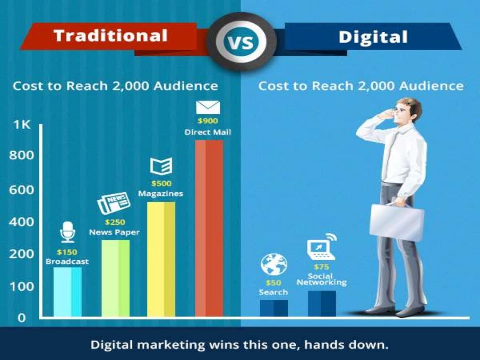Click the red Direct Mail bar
coord(209,228)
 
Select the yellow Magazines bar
coord(161,259)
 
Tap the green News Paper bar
coord(115,278)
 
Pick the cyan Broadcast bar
coord(67,292)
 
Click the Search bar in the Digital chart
coord(274,308)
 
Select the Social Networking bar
coord(322,303)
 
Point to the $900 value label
coord(208,121)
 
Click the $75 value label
coord(321,267)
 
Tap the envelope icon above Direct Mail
coord(208,107)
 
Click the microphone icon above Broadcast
coord(67,232)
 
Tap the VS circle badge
coord(240,42)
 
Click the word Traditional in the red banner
coord(111,36)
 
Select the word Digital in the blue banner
coord(373,37)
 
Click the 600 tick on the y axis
coord(21,190)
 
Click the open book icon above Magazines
coord(161,166)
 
